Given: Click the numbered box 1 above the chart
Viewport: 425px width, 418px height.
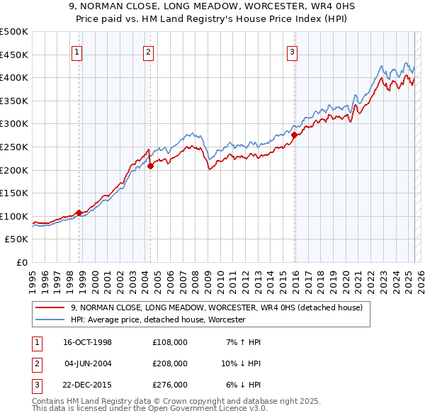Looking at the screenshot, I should pyautogui.click(x=76, y=51).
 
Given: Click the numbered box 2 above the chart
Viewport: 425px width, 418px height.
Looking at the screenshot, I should pyautogui.click(x=147, y=51).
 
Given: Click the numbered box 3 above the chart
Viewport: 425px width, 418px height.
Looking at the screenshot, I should pyautogui.click(x=292, y=51).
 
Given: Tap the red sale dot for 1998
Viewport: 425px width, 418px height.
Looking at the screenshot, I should pyautogui.click(x=79, y=212).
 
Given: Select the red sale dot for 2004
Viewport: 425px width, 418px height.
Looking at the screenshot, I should pyautogui.click(x=150, y=166).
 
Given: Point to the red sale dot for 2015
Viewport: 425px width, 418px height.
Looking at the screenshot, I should pyautogui.click(x=294, y=134).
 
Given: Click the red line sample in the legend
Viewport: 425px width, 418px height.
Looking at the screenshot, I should pyautogui.click(x=50, y=307).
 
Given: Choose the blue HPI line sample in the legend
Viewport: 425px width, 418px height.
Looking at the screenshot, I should pyautogui.click(x=50, y=320).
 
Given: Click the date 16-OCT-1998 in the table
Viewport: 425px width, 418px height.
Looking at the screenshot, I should pyautogui.click(x=87, y=342).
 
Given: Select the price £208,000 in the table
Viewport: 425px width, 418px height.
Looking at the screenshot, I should pyautogui.click(x=170, y=363).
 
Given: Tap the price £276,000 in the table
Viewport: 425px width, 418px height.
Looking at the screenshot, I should pyautogui.click(x=170, y=385).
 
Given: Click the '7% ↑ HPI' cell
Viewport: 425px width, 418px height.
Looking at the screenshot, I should pyautogui.click(x=242, y=342).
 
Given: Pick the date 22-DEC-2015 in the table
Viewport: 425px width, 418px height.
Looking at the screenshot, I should pyautogui.click(x=87, y=385).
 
